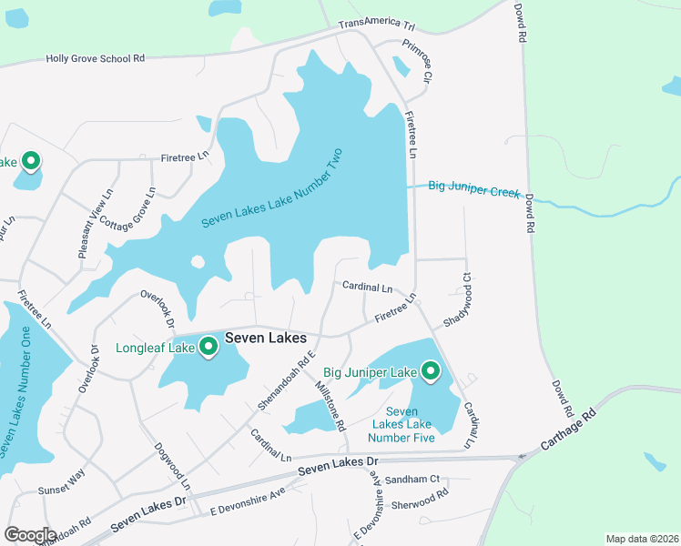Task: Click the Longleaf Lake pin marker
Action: point(208,347)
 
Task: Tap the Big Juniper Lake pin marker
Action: point(430,371)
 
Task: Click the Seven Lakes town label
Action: point(265,338)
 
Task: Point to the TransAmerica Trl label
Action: point(376,26)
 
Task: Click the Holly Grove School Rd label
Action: point(96,58)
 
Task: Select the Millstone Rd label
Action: point(330,405)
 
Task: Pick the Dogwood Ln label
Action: point(170,465)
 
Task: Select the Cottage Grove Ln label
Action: point(129,209)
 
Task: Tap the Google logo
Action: point(30,535)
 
